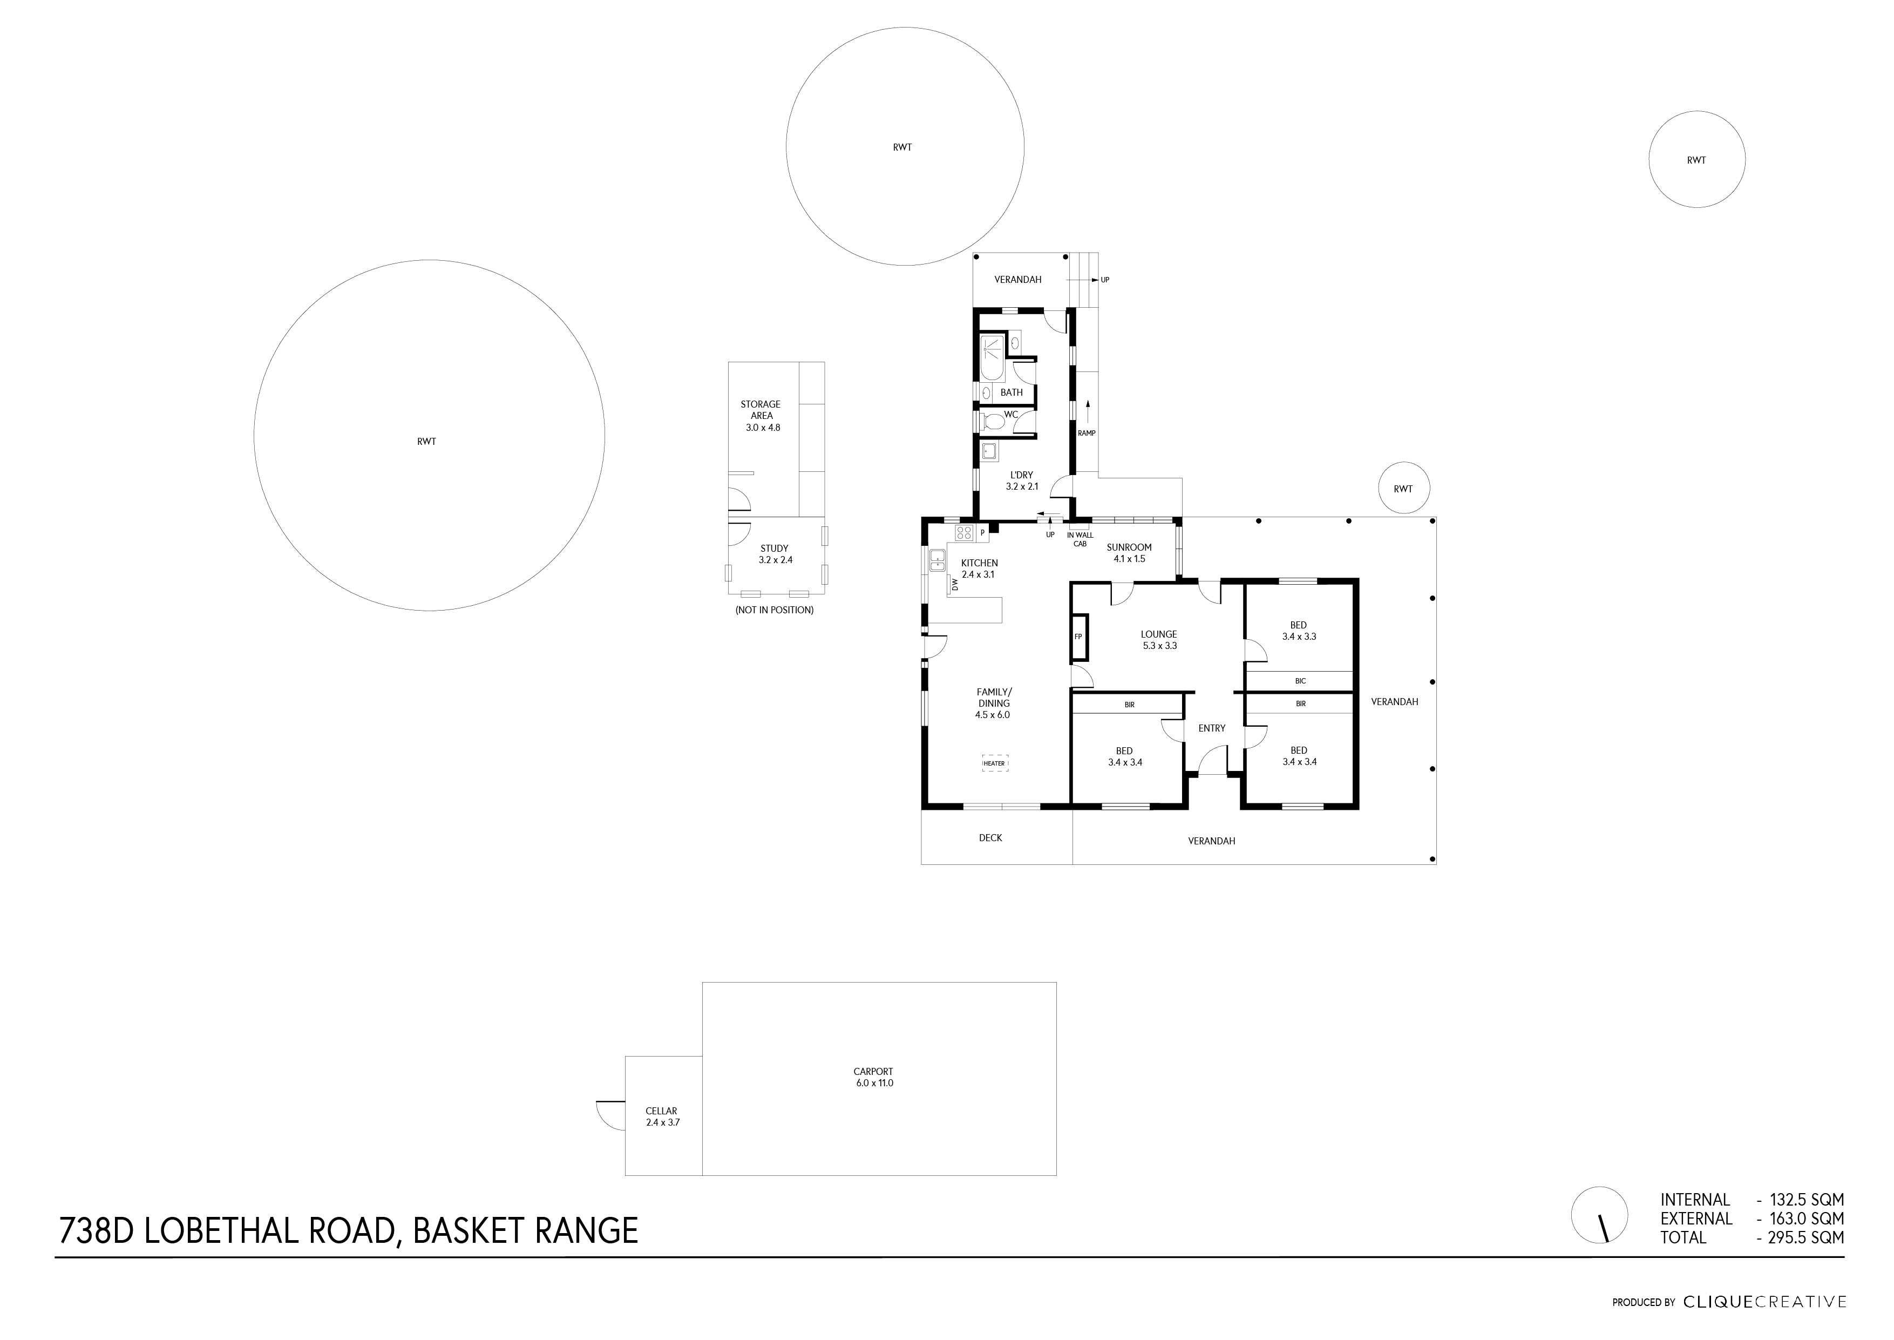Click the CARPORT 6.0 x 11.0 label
tap(873, 1077)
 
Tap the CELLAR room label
tap(662, 1116)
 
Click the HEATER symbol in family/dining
tap(994, 763)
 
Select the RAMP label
tap(1087, 433)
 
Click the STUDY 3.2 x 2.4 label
tap(775, 554)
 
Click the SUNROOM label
tap(1129, 547)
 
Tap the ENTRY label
tap(1211, 728)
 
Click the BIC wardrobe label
tap(1300, 681)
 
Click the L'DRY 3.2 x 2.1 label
tap(1021, 480)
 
